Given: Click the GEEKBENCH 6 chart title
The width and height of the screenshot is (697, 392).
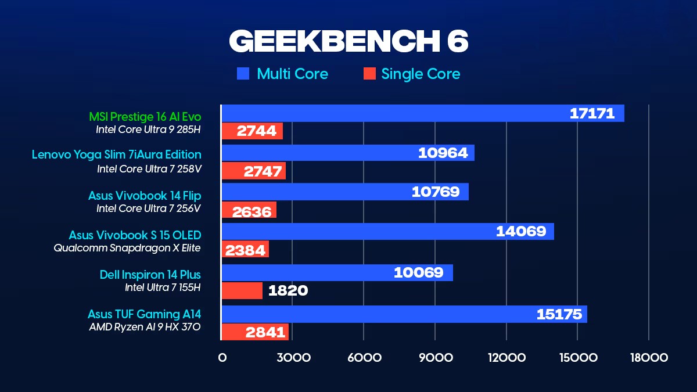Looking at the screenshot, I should (x=348, y=41).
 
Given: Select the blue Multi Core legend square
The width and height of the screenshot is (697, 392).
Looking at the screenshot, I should (x=243, y=74).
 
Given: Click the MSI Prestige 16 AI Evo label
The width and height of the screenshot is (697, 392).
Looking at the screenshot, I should (x=145, y=117).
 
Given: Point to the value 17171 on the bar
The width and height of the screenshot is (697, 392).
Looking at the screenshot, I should (x=592, y=113).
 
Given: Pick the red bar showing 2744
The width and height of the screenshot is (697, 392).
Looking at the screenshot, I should (x=252, y=131).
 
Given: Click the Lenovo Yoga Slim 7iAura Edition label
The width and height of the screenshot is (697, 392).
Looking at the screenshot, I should (x=117, y=154).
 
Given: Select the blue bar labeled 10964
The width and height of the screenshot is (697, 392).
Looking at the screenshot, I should (x=347, y=153).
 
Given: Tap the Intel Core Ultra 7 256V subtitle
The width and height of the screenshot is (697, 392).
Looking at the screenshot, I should (x=149, y=208).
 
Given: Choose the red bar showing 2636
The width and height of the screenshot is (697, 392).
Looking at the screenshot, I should (x=249, y=210).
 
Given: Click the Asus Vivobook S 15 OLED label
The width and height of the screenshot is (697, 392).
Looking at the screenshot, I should (x=135, y=235).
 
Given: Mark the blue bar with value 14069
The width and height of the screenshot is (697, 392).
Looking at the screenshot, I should (x=387, y=231).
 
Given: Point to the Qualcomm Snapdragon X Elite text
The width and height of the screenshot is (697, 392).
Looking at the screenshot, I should (x=127, y=248).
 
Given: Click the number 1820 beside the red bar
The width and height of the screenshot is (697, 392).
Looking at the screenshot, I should (x=288, y=290).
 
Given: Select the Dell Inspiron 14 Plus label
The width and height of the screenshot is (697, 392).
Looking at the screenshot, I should (x=150, y=274).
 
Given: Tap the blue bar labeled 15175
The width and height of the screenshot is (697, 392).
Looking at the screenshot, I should (x=404, y=314).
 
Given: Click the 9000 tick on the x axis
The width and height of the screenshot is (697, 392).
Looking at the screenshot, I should (x=434, y=358).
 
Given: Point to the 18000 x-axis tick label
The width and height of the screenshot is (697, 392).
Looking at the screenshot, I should (x=648, y=358).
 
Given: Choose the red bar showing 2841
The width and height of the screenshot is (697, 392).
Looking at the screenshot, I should (x=254, y=332).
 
